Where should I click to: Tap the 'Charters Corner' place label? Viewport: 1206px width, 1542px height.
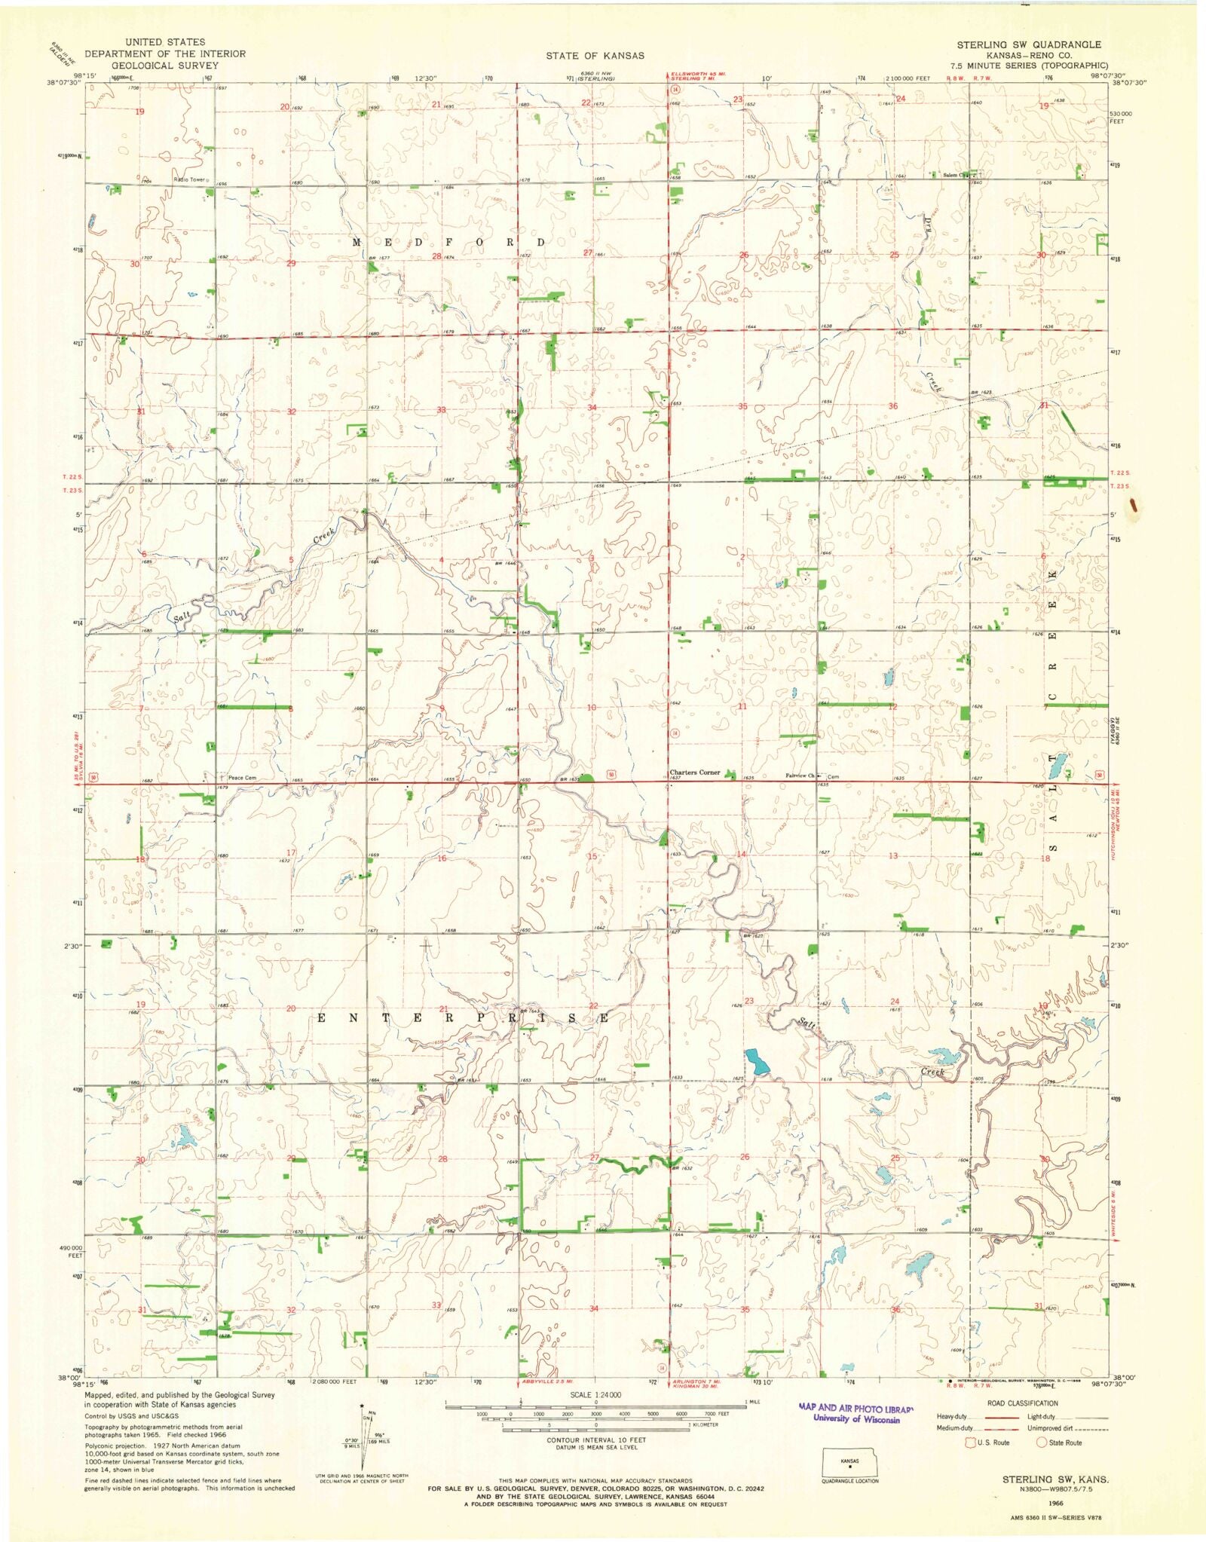click(695, 773)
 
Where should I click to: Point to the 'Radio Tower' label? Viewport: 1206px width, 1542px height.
click(188, 179)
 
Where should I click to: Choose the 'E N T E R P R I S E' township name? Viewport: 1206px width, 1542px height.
click(463, 1018)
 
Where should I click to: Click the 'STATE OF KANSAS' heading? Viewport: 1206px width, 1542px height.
click(595, 55)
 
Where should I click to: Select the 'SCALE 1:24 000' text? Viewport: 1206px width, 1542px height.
click(595, 1395)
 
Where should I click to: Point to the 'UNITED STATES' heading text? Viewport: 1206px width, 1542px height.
click(165, 42)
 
